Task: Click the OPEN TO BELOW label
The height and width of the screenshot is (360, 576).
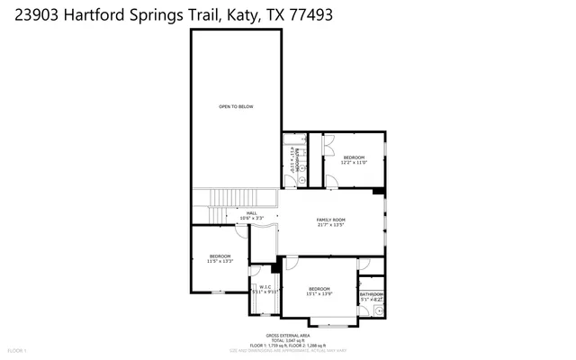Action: click(x=236, y=107)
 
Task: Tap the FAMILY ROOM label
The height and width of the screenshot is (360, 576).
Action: click(x=330, y=220)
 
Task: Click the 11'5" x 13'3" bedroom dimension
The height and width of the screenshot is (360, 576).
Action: click(x=220, y=262)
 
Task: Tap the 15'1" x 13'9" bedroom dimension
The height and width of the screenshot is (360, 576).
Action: click(x=319, y=294)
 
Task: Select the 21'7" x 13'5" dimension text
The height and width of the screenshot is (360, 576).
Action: click(x=330, y=226)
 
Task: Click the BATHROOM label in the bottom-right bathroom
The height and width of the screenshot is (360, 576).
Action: click(x=372, y=294)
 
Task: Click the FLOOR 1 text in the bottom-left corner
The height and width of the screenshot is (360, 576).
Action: click(x=18, y=350)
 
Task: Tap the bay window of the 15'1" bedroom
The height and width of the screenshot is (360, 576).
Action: click(x=330, y=322)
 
